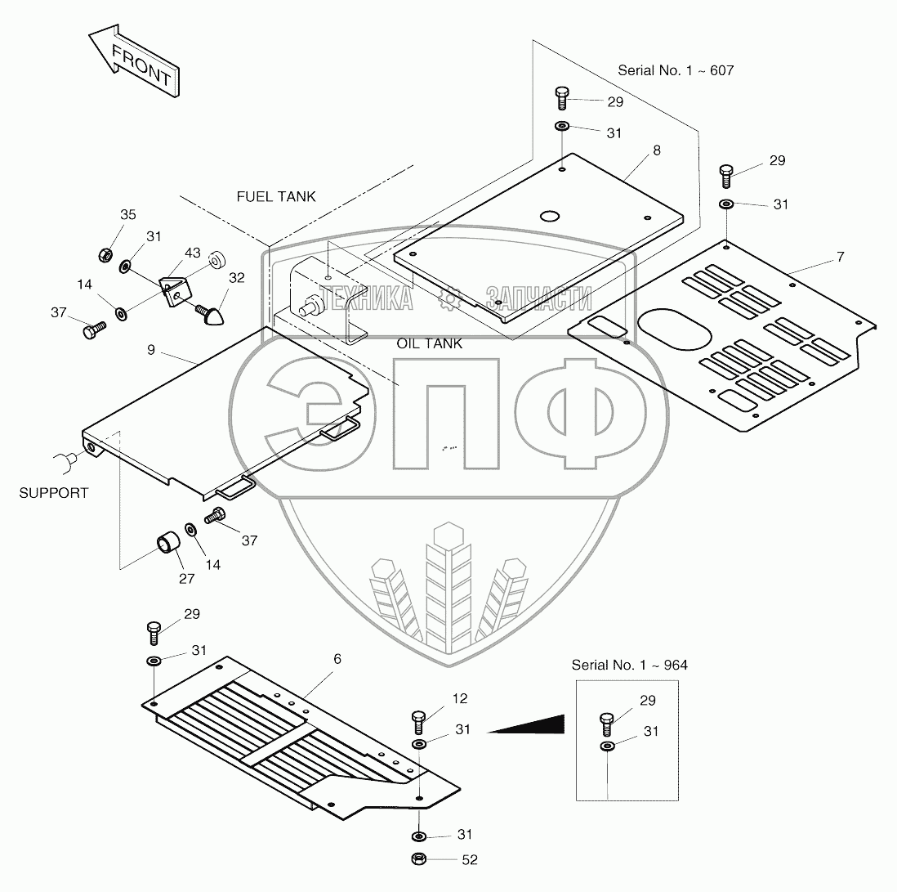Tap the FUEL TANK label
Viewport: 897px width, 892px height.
[276, 197]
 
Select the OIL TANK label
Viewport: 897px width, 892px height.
[430, 343]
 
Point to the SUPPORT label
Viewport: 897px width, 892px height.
[54, 493]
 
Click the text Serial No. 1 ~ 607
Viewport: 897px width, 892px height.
[676, 70]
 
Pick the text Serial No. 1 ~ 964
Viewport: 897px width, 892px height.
[629, 665]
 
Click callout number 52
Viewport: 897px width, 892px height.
[469, 859]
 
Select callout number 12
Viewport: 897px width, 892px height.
[461, 697]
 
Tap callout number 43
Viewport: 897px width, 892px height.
[193, 254]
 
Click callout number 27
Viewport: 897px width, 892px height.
[187, 578]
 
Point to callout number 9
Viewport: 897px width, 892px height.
[150, 349]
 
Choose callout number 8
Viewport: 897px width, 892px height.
[656, 150]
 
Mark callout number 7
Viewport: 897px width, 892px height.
[840, 257]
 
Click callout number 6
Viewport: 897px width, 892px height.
[337, 659]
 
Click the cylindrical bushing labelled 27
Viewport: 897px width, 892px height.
[167, 542]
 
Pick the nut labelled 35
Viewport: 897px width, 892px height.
[105, 255]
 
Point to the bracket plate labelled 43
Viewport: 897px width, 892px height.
[174, 289]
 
